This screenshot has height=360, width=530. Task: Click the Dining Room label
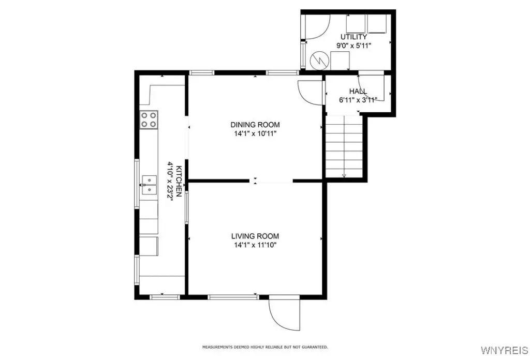(x=255, y=125)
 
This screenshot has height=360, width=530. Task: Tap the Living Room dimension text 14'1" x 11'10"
(x=255, y=245)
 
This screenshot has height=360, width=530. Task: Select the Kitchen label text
(x=180, y=182)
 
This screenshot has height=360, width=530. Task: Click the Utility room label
(x=354, y=37)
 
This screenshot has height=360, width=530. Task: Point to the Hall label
(x=358, y=91)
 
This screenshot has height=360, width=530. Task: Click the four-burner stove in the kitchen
(x=149, y=119)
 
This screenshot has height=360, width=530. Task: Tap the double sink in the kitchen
(x=149, y=185)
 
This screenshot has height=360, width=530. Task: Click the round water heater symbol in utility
(x=319, y=61)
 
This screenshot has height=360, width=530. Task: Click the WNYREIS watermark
(x=504, y=351)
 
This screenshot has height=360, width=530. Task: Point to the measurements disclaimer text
(x=265, y=347)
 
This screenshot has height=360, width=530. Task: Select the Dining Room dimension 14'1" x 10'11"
(x=255, y=134)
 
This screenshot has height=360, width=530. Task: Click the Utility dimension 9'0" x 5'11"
(x=354, y=46)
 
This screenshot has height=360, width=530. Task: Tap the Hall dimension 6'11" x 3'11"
(x=358, y=100)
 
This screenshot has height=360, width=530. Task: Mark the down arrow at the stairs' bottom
(x=344, y=175)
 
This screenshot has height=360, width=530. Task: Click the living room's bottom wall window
(x=233, y=297)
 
